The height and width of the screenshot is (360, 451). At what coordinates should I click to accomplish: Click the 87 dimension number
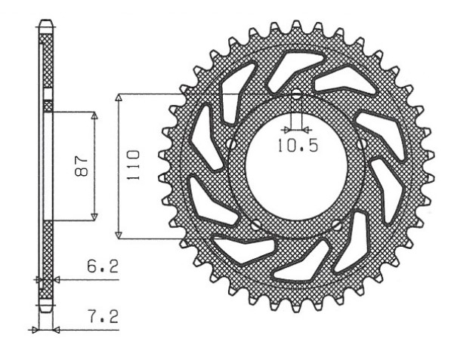[x=81, y=166]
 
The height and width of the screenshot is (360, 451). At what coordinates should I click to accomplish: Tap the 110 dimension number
[x=133, y=165]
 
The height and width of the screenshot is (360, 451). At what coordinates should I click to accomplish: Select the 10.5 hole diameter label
[x=298, y=146]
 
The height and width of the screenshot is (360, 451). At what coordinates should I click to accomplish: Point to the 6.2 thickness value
[x=103, y=267]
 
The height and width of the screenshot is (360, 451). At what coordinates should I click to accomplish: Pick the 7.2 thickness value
[x=103, y=317]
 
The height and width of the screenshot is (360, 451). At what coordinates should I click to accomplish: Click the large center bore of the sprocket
[x=296, y=168]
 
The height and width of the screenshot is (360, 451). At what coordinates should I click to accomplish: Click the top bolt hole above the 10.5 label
[x=296, y=93]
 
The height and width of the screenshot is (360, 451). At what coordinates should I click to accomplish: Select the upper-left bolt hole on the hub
[x=231, y=143]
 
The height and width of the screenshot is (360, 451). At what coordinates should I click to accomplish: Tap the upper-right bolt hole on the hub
[x=361, y=143]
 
